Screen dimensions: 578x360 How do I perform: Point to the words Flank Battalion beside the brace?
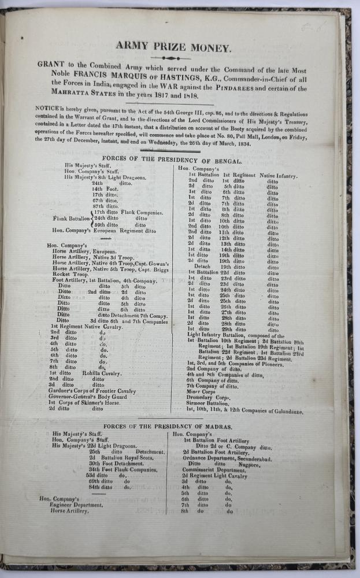pyautogui.click(x=71, y=218)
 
